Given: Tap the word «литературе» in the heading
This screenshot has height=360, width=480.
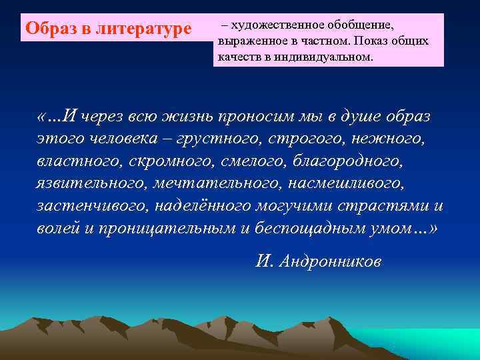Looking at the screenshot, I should (x=143, y=29).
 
